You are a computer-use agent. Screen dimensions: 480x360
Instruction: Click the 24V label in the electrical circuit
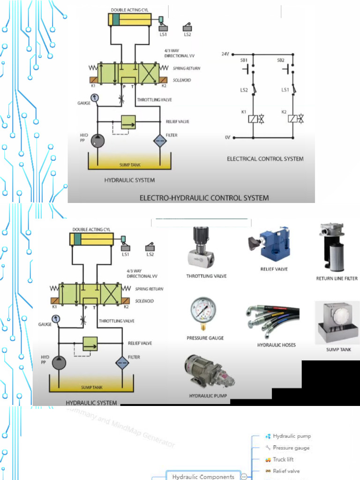(x=225, y=54)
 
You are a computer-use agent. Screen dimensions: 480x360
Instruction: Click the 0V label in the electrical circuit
(x=227, y=138)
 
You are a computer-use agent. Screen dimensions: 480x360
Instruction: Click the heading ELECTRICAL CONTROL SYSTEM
(x=265, y=159)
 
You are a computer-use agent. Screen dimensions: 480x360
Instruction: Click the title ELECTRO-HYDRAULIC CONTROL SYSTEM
(x=204, y=198)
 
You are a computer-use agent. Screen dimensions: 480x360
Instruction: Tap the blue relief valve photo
(x=270, y=245)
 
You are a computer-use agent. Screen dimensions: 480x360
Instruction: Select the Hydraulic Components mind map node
(x=203, y=476)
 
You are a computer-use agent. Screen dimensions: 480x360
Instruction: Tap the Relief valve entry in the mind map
(x=286, y=471)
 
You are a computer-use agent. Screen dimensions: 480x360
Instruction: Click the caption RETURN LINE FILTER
(x=337, y=278)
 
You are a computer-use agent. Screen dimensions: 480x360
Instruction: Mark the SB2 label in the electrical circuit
(x=281, y=60)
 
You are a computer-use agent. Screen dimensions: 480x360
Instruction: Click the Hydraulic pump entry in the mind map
(x=292, y=436)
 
